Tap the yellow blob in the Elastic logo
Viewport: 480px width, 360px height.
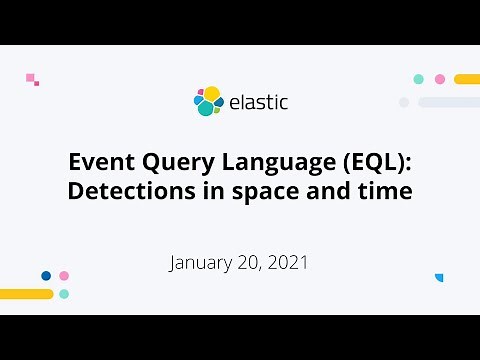coord(211,93)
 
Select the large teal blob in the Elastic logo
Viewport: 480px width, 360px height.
coord(205,108)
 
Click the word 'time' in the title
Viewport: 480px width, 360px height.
coord(385,191)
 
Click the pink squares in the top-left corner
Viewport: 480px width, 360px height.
coord(32,78)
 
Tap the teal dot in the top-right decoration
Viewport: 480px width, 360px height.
coord(418,79)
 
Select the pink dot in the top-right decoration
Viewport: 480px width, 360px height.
coord(440,79)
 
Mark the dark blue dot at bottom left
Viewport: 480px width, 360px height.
coord(46,275)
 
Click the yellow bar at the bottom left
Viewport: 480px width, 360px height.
coord(26,294)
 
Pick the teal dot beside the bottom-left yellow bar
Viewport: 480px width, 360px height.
coord(64,294)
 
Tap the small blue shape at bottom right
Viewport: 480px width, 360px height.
coord(438,277)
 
